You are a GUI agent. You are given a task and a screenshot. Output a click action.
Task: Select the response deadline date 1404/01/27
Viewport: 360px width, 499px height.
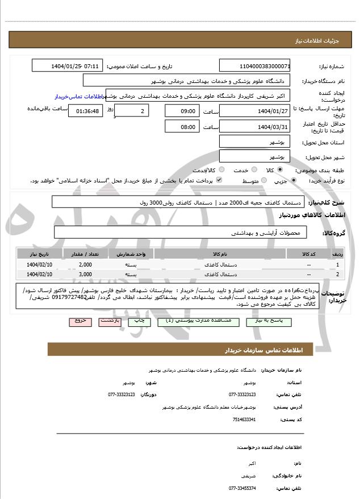click(x=255, y=110)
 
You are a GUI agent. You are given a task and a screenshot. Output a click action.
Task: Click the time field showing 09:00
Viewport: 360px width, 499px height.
click(x=182, y=110)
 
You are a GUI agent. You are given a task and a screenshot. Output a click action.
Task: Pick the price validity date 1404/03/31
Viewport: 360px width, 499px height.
click(x=255, y=126)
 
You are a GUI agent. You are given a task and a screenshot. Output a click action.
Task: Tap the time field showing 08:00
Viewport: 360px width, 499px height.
click(x=182, y=126)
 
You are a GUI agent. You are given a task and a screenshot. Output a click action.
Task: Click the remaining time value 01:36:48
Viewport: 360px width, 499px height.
click(x=86, y=111)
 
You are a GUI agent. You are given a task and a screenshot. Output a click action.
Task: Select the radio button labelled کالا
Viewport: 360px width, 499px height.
click(x=280, y=169)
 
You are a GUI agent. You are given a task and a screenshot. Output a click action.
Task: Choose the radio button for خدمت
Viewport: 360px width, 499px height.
click(x=253, y=169)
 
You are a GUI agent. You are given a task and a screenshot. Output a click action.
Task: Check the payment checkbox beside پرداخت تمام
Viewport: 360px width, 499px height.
click(x=219, y=180)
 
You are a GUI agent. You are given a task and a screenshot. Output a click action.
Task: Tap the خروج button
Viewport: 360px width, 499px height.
click(x=80, y=321)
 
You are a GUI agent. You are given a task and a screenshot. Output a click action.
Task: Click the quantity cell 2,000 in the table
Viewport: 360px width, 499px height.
click(x=85, y=265)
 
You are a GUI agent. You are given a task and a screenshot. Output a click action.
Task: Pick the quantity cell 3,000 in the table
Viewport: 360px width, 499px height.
click(x=85, y=275)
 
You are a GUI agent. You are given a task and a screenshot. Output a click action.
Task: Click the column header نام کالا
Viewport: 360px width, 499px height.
click(x=220, y=253)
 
